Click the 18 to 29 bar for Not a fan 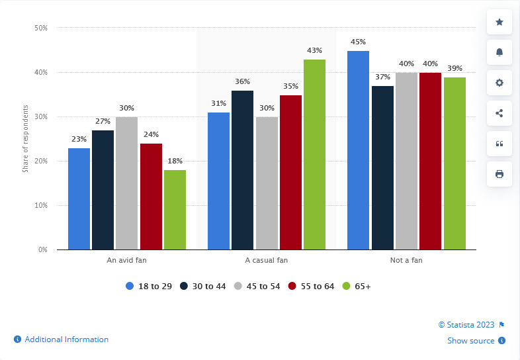click(358, 150)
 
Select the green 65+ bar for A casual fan click(314, 154)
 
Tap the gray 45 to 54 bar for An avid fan click(126, 183)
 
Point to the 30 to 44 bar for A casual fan click(242, 170)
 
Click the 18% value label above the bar click(175, 161)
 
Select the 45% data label click(358, 42)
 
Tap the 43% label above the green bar click(314, 50)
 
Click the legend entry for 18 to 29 click(149, 286)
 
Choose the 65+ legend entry click(357, 286)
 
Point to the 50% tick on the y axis click(41, 28)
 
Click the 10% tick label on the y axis click(41, 205)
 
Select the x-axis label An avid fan click(126, 260)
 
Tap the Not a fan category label click(406, 260)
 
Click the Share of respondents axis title click(25, 139)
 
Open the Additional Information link click(66, 339)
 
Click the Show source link click(470, 341)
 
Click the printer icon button click(499, 174)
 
